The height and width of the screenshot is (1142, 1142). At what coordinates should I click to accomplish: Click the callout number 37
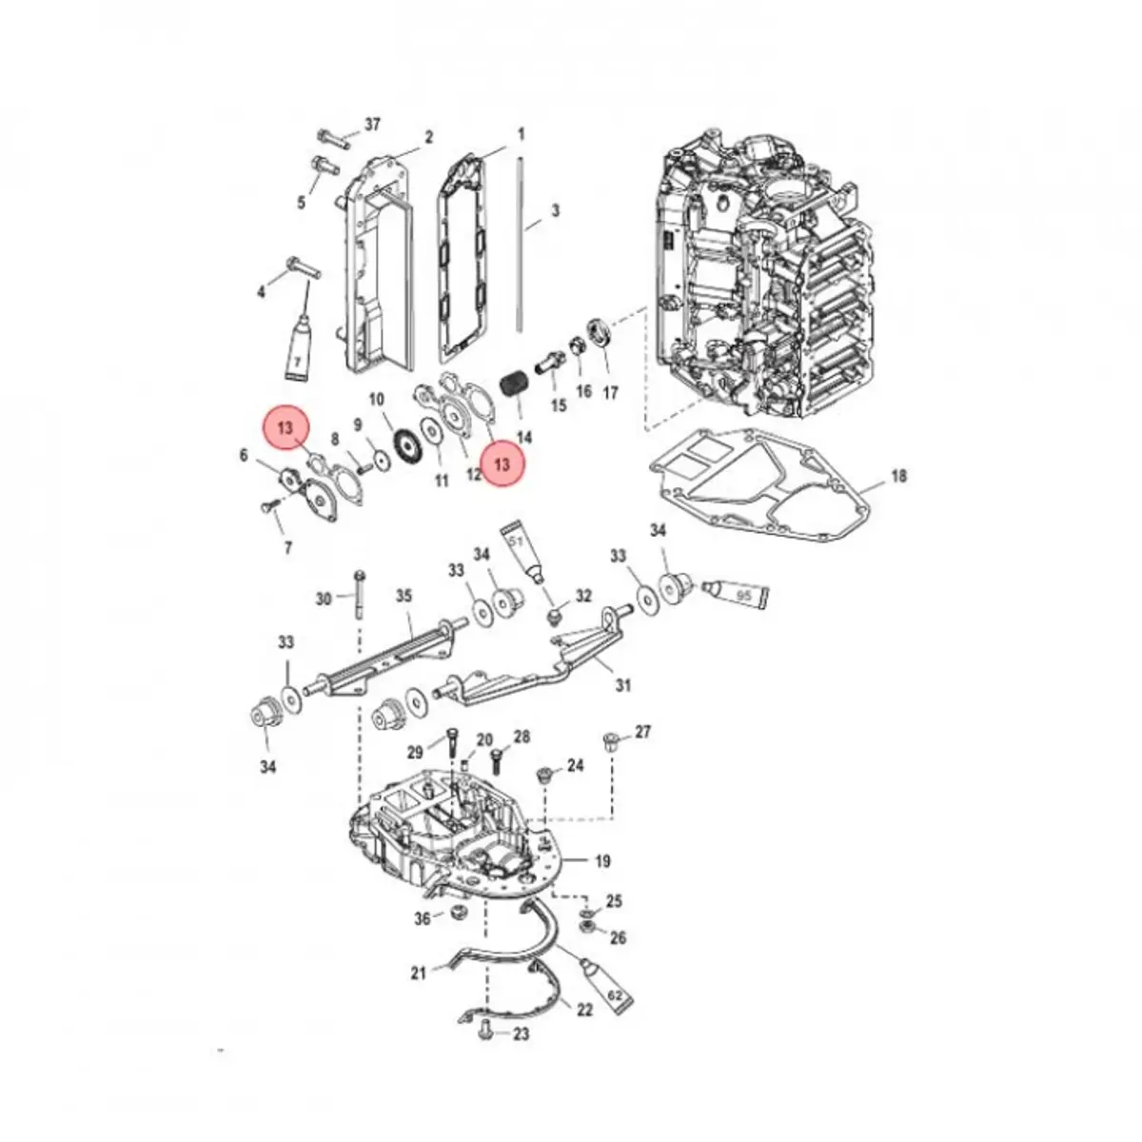(x=372, y=126)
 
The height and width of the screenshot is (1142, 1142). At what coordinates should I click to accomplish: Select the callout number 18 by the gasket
(x=898, y=476)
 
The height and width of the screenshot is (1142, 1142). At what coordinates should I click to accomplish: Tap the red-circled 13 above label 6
(x=286, y=429)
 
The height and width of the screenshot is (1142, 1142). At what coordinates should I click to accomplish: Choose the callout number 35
(x=404, y=597)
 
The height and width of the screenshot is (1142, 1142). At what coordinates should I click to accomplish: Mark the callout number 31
(x=622, y=684)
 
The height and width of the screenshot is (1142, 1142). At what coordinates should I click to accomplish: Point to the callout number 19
(x=602, y=862)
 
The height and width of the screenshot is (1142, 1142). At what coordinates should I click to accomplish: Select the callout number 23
(x=522, y=1034)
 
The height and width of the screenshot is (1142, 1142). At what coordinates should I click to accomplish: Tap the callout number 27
(x=643, y=732)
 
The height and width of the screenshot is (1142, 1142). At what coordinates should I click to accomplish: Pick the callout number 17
(x=611, y=391)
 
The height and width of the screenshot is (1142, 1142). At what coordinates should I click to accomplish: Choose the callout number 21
(x=419, y=972)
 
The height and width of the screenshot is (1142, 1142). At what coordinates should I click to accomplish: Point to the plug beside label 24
(x=546, y=775)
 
